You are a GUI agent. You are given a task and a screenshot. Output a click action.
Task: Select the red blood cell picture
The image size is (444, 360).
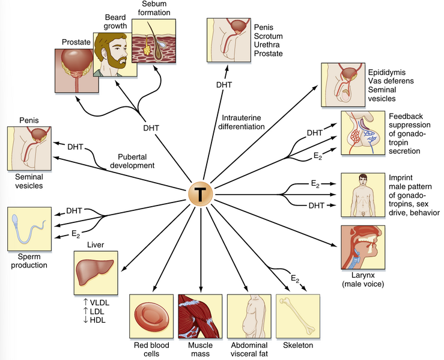[x=150, y=317]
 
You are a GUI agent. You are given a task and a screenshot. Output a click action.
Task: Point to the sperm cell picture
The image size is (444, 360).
[x=28, y=229]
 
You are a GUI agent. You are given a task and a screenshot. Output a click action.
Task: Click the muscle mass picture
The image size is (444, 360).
[x=200, y=317]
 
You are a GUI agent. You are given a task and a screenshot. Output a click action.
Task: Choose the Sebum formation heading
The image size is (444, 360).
[x=151, y=8]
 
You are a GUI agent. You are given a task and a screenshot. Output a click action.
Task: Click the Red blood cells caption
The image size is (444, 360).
[x=150, y=350]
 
